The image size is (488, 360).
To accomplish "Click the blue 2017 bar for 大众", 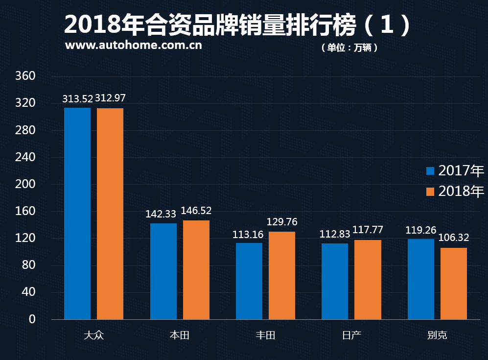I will (77, 214).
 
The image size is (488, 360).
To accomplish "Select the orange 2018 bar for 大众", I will (110, 214).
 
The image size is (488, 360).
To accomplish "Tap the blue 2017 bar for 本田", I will (163, 271).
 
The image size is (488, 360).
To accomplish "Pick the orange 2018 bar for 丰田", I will (282, 275).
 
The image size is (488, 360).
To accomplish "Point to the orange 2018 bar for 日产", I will (368, 280).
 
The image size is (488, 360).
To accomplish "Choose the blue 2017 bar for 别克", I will (421, 279).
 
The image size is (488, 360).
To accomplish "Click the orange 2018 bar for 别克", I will (454, 284).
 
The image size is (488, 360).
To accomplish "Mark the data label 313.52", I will (77, 98).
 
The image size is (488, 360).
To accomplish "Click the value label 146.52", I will (196, 211).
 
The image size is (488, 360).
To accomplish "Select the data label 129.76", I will (282, 222).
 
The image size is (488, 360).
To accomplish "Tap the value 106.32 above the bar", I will (454, 238).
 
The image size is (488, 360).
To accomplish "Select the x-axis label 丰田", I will (265, 336).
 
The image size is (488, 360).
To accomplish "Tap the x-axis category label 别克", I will (437, 336).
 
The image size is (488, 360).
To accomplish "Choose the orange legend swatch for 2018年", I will (431, 192).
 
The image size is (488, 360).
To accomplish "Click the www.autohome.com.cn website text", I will (133, 46).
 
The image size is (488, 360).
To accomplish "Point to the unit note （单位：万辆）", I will (349, 48).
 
